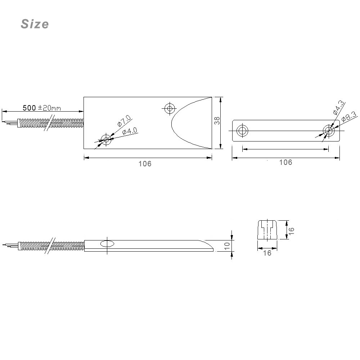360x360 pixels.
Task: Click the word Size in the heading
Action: click(35, 24)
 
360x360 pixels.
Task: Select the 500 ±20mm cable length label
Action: click(42, 108)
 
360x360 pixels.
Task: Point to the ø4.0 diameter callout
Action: click(130, 132)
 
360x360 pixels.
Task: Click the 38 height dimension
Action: click(217, 121)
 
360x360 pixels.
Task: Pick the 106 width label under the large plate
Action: click(145, 164)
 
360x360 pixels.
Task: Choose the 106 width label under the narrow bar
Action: click(285, 162)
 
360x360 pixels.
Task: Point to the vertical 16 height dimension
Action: click(291, 230)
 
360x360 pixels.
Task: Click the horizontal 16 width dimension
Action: click(267, 253)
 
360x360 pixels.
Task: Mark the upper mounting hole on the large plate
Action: click(169, 108)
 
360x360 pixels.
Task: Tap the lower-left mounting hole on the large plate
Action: click(106, 139)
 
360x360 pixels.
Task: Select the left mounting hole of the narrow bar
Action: click(242, 131)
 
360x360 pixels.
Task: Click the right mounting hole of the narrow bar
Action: click(328, 131)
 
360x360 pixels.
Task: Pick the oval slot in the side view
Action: click(107, 244)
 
